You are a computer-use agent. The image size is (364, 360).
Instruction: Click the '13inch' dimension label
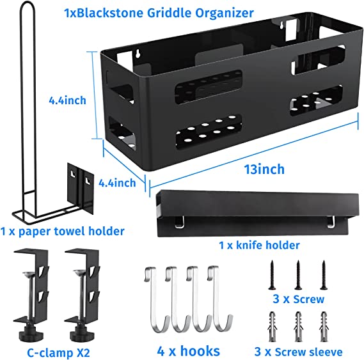(264, 169)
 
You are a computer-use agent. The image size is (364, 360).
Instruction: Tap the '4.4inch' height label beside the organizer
(67, 100)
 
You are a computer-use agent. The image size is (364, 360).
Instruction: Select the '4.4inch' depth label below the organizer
(117, 183)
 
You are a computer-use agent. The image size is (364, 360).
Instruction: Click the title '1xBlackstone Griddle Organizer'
(159, 13)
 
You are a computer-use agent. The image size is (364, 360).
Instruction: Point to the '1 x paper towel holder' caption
(63, 231)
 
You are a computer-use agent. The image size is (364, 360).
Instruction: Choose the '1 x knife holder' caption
(259, 245)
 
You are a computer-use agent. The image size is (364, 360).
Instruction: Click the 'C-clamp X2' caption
(58, 353)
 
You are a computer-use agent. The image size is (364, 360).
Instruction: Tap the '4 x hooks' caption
(189, 351)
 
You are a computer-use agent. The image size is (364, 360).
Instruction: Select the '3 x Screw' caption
(298, 299)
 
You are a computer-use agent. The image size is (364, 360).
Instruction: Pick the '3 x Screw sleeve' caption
(298, 352)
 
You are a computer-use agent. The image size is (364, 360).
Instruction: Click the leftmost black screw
(272, 275)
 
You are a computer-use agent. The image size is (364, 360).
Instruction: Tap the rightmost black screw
(324, 275)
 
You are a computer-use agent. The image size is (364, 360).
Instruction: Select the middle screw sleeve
(298, 327)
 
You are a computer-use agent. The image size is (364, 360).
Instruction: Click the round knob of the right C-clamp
(82, 336)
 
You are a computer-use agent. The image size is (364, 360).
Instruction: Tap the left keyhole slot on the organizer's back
(138, 53)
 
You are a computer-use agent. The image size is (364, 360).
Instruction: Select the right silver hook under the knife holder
(331, 221)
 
